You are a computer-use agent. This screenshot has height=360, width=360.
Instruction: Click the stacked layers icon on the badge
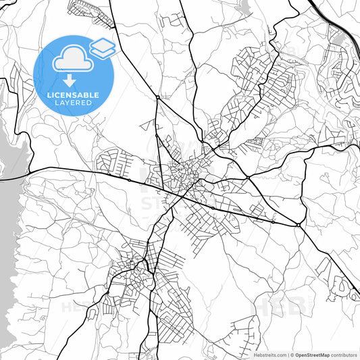[x=103, y=47]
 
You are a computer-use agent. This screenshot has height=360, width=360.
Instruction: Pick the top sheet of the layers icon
[x=103, y=43]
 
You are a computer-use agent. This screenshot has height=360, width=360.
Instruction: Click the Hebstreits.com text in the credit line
[x=269, y=355]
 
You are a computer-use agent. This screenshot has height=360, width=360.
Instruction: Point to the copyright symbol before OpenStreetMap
[x=292, y=355]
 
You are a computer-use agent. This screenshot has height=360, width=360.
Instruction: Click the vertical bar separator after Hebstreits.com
[x=288, y=355]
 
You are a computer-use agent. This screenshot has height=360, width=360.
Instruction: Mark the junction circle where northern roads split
[x=157, y=97]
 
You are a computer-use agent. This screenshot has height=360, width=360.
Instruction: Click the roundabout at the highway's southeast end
[x=298, y=224]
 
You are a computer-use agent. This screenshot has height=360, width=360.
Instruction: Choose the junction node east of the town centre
[x=247, y=177]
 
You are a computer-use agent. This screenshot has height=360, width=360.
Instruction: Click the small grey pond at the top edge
[x=244, y=7]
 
